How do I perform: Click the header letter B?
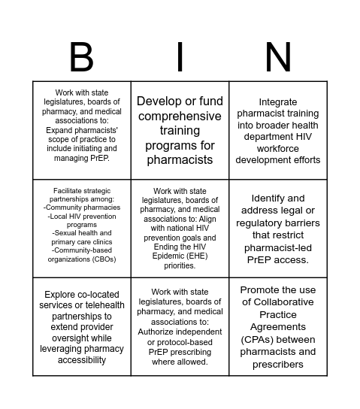tap(81, 57)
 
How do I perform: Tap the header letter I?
tap(180, 57)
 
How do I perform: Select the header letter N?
tap(278, 57)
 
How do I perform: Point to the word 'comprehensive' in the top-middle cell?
tap(180, 116)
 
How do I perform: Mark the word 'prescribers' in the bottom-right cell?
tap(278, 364)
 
